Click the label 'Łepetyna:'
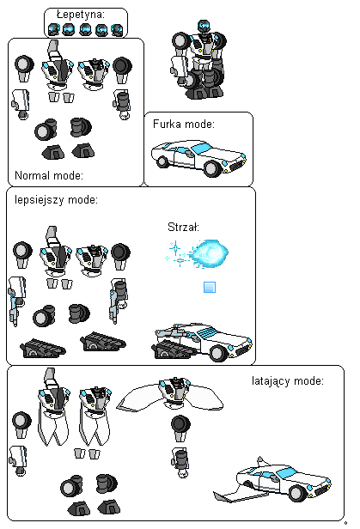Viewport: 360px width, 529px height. click(81, 15)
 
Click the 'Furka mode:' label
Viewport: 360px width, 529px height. click(184, 125)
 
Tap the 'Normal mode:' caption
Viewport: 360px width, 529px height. click(49, 175)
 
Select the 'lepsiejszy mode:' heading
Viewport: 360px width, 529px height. click(56, 200)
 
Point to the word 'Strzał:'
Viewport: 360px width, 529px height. click(183, 227)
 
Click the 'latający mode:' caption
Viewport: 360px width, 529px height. click(288, 381)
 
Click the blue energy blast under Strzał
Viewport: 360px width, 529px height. click(210, 253)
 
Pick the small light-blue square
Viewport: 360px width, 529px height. click(210, 288)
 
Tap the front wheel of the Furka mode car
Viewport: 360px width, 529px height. click(212, 168)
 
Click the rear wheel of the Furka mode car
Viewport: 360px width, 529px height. click(162, 161)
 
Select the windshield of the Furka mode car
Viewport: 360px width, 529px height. click(201, 148)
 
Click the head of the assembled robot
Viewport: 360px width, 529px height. click(203, 26)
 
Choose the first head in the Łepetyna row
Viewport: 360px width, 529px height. click(53, 29)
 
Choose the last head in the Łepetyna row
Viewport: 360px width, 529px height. click(117, 30)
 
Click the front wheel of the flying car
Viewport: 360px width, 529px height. click(297, 493)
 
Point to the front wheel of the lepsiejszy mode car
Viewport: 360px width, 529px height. click(218, 353)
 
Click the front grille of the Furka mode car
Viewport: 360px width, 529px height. click(238, 165)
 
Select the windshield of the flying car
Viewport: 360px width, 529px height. click(287, 472)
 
